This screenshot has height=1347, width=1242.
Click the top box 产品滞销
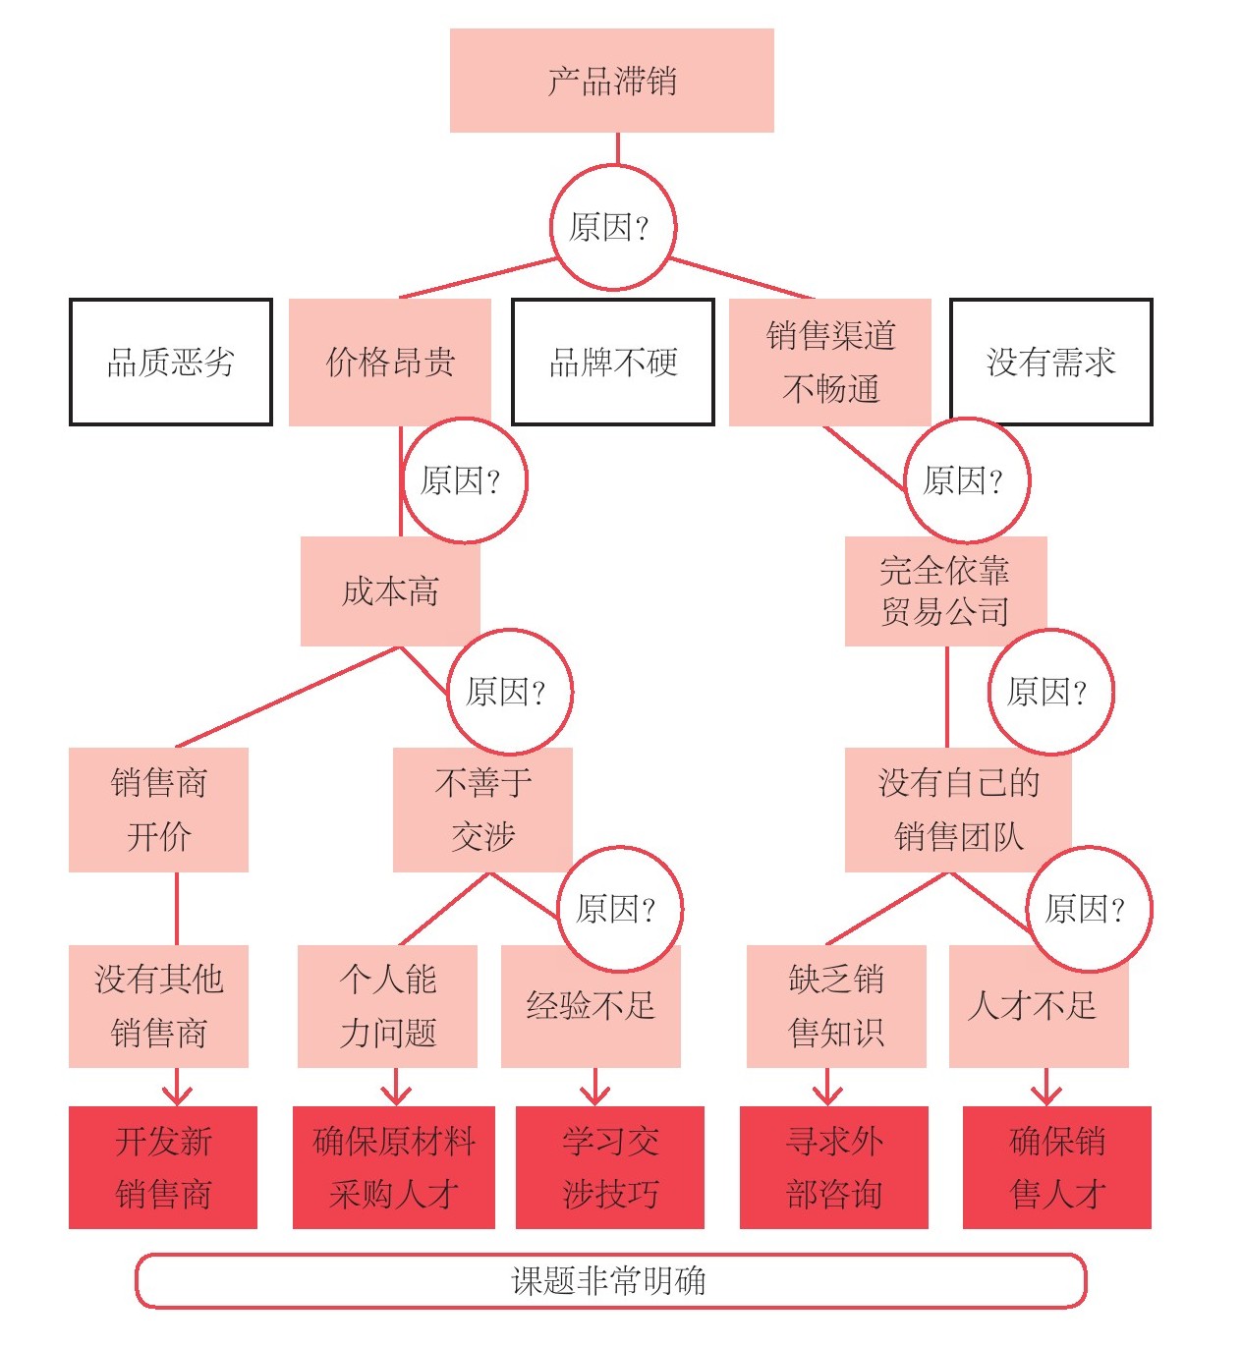[611, 81]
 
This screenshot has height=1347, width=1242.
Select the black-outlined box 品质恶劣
[171, 362]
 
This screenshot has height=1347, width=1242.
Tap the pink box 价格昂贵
[389, 362]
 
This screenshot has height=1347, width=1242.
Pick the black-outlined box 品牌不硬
[613, 362]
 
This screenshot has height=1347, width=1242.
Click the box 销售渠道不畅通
[829, 362]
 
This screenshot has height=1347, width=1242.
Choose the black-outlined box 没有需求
[1050, 362]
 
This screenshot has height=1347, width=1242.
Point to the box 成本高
[389, 591]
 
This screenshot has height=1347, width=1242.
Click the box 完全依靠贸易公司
[944, 591]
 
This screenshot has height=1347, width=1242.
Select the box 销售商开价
[158, 810]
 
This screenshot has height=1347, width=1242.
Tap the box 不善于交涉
[481, 810]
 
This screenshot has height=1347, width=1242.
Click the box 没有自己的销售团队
[957, 810]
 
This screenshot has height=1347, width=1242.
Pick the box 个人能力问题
[387, 1006]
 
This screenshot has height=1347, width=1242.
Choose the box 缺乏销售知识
[836, 1006]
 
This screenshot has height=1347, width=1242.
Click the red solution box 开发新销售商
[163, 1167]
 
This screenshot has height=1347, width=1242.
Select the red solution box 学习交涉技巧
[609, 1167]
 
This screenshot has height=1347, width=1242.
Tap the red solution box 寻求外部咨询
[833, 1167]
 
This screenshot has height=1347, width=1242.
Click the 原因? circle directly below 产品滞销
[613, 228]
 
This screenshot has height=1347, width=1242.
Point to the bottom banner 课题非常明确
[609, 1281]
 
